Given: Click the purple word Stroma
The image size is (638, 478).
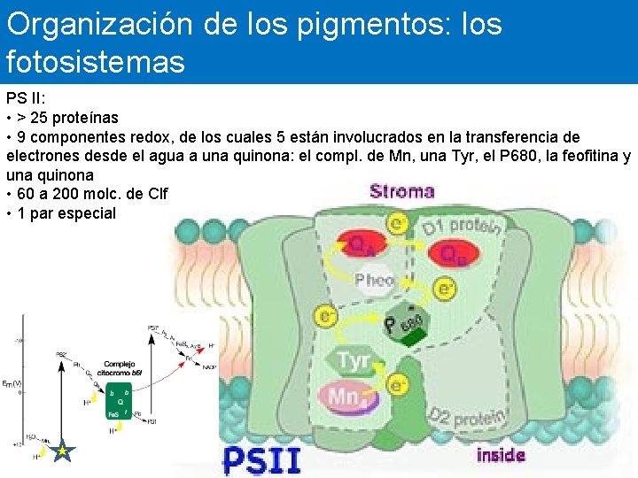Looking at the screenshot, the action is [x=401, y=191].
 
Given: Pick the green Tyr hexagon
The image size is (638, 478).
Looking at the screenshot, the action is [x=352, y=361].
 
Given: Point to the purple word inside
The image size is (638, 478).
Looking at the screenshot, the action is [x=501, y=456].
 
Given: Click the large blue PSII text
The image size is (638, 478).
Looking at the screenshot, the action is [x=261, y=459].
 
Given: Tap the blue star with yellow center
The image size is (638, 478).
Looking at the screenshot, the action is [x=62, y=452].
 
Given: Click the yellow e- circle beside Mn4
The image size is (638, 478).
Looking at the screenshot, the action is [x=399, y=384].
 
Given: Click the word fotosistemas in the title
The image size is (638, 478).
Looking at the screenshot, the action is [x=96, y=62].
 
